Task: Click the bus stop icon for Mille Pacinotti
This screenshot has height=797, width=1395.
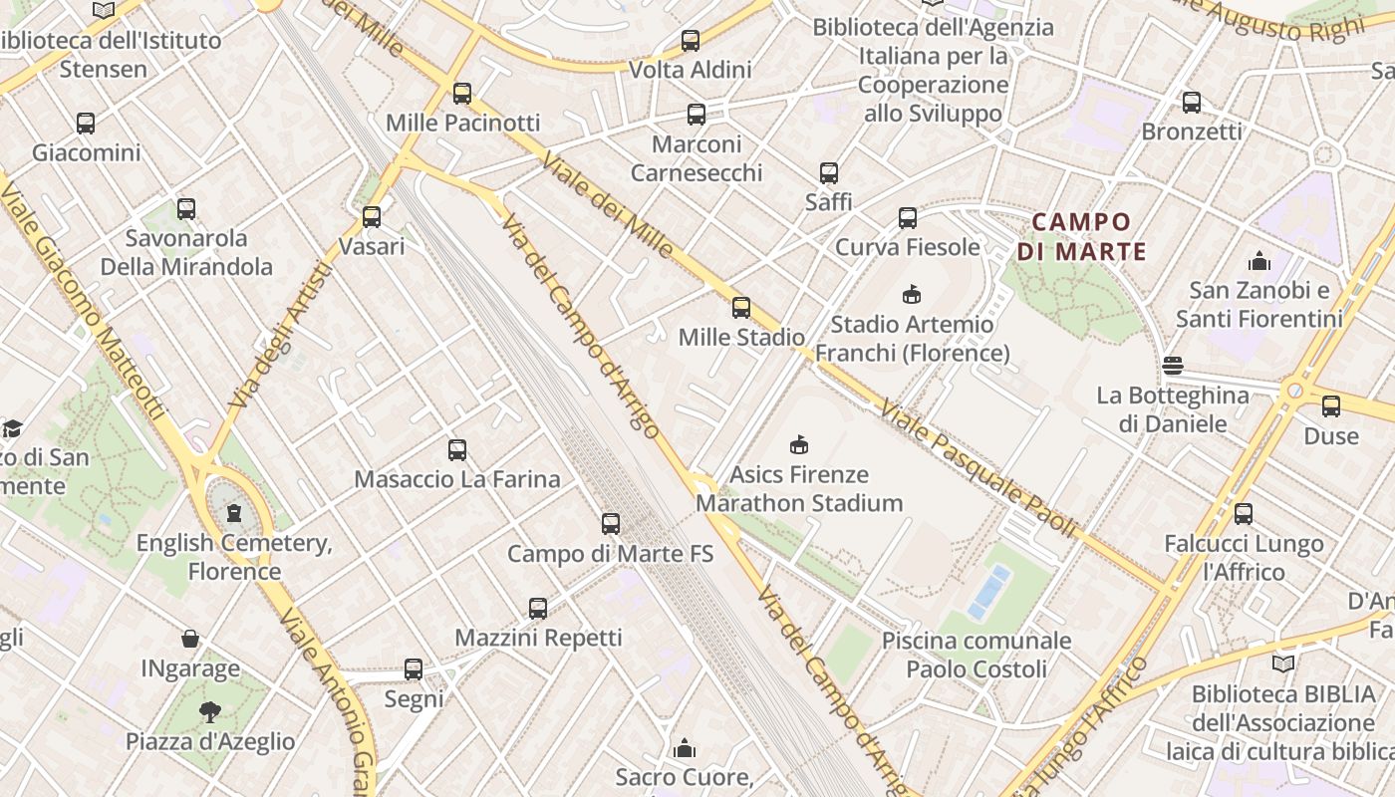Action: [x=461, y=94]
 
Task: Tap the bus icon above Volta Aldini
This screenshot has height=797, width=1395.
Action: [x=691, y=41]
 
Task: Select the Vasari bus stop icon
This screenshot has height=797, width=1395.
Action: [x=372, y=216]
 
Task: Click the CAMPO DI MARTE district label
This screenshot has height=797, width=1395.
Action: [x=1082, y=236]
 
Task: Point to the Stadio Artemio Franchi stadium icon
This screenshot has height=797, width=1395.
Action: [x=911, y=294]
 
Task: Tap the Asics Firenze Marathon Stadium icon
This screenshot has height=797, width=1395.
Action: [x=799, y=444]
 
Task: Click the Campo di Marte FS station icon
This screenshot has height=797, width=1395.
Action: [x=611, y=523]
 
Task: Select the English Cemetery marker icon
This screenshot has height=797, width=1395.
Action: [x=233, y=513]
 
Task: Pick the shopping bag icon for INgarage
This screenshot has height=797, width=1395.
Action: [x=190, y=639]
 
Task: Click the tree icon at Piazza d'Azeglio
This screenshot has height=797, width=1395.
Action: [x=209, y=711]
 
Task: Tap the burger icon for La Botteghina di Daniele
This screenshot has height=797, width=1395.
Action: [x=1172, y=366]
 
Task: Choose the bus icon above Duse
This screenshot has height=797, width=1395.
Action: [x=1331, y=405]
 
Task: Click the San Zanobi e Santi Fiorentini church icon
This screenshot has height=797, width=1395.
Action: [x=1259, y=261]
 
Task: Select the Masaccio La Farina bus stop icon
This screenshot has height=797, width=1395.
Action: [x=457, y=449]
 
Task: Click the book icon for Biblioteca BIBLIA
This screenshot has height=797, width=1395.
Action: [x=1284, y=664]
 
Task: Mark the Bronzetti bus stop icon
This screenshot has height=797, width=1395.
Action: [x=1192, y=102]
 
